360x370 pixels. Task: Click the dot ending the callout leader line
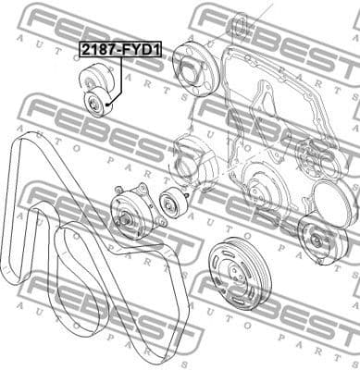[x=109, y=107]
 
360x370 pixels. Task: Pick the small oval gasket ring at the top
[x=238, y=22]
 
